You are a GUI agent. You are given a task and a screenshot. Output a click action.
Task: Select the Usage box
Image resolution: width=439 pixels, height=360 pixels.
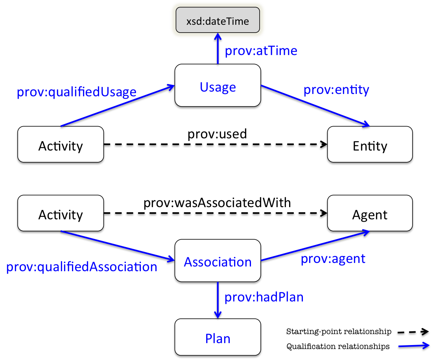coord(218,87)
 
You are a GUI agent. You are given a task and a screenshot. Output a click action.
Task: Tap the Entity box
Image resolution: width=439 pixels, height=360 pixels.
coord(370,146)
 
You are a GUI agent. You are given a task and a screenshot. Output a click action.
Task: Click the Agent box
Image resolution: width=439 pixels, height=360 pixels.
coord(370,215)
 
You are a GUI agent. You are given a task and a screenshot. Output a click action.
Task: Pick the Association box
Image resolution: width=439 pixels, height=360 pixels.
coord(218,262)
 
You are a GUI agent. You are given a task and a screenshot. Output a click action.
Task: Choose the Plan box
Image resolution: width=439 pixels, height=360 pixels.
coord(218,338)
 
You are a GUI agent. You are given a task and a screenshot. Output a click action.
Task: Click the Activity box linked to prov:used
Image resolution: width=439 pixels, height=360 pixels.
coord(61,146)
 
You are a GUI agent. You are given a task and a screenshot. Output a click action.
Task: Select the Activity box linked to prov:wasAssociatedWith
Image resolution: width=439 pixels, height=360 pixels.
coord(61,215)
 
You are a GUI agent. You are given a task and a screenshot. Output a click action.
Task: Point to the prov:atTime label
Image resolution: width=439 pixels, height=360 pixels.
coord(260,51)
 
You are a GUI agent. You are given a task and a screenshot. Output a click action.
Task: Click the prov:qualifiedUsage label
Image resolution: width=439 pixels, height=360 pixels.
coord(76,92)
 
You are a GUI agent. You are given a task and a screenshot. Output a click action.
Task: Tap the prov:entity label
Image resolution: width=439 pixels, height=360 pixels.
coord(336,90)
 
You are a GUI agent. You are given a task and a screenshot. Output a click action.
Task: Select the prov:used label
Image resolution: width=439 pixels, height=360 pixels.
coord(217,134)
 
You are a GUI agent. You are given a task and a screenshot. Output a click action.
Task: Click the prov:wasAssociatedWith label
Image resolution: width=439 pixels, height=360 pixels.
coord(217,203)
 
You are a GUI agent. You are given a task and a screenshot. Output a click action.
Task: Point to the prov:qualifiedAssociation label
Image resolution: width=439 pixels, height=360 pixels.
coord(82,267)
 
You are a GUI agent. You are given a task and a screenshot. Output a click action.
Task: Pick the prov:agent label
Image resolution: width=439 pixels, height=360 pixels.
coord(333,259)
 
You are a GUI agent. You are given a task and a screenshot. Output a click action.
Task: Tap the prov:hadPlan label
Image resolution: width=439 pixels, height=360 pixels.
coord(264,297)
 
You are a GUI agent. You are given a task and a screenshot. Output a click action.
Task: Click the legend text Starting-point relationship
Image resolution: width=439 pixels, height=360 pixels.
coord(339,332)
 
